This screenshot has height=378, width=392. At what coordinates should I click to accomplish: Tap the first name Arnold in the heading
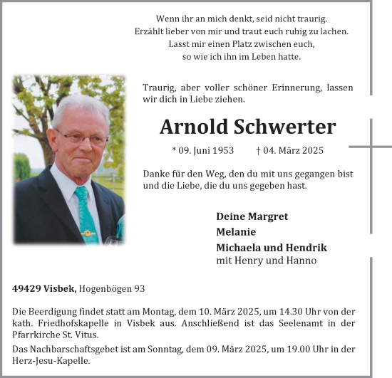tap(194, 127)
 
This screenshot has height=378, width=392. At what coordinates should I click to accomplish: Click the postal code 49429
tap(26, 288)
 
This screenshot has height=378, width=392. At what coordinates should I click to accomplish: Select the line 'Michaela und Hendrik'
tap(271, 247)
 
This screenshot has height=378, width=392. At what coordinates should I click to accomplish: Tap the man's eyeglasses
tap(83, 137)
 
